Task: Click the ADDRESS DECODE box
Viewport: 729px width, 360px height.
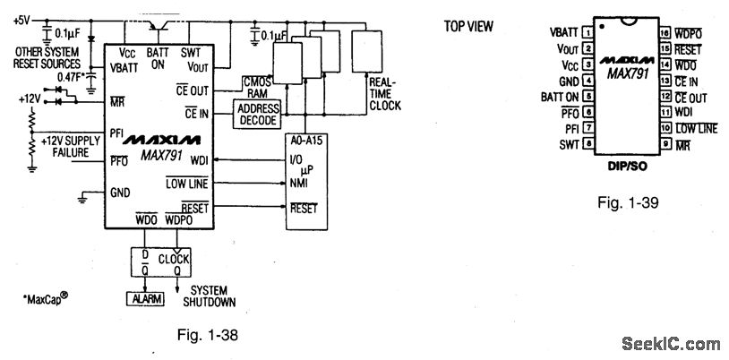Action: (x=257, y=114)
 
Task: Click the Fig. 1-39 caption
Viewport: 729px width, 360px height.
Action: (x=627, y=202)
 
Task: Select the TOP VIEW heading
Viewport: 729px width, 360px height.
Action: (x=468, y=26)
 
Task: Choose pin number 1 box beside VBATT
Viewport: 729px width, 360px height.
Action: (x=587, y=32)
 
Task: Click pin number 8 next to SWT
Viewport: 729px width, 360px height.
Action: (x=587, y=144)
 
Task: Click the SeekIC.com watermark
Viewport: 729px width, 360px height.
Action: (x=669, y=343)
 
